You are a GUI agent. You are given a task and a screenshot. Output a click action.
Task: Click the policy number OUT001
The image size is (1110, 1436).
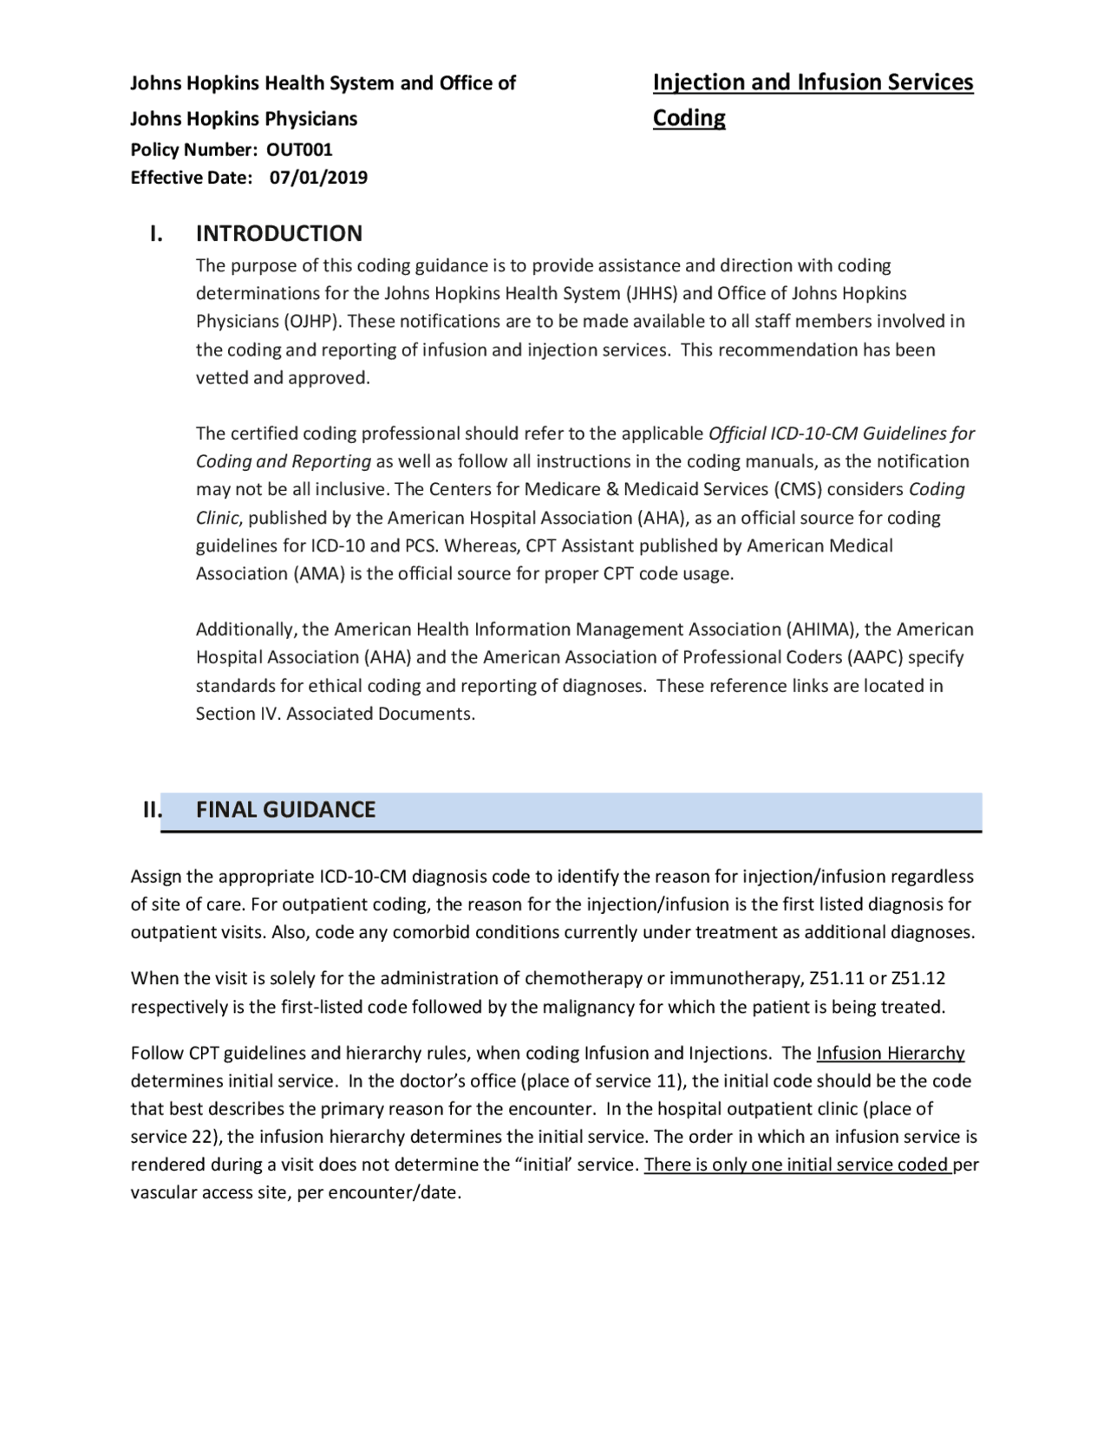tap(299, 149)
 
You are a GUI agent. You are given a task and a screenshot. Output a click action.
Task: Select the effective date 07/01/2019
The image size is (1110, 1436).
tap(318, 178)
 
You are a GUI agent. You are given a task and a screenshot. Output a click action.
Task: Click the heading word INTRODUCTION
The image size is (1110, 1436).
tap(279, 233)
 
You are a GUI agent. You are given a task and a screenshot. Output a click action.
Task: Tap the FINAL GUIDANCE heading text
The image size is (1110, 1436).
tap(285, 809)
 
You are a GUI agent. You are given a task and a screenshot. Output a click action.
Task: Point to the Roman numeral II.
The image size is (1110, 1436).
tap(152, 809)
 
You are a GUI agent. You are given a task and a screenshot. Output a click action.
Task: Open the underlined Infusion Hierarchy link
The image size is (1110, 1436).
tap(891, 1053)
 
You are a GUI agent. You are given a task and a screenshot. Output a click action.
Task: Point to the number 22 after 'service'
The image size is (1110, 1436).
tap(202, 1136)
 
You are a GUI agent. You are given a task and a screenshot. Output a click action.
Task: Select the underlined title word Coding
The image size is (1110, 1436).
tap(689, 117)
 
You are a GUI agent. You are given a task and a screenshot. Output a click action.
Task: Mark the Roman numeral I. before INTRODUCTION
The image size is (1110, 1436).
tap(156, 233)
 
